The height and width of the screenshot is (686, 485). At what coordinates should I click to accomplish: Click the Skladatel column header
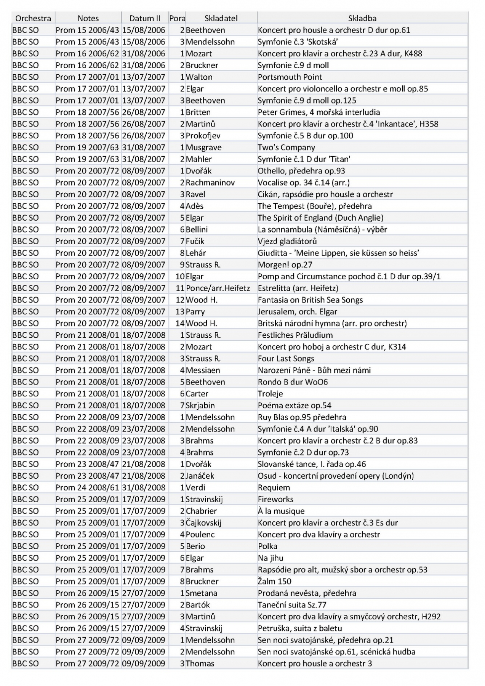221,18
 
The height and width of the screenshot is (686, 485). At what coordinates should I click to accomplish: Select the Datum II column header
145,18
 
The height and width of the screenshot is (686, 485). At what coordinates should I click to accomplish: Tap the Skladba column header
362,18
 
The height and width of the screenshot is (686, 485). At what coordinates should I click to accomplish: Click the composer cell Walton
199,77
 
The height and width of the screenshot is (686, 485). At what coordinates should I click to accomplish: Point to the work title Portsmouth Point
290,77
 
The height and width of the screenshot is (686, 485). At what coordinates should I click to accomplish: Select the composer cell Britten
198,112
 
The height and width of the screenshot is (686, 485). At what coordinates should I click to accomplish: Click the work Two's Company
286,147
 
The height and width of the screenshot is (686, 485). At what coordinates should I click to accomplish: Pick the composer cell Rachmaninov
210,183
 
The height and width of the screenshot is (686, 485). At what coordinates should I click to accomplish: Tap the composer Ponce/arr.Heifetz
218,288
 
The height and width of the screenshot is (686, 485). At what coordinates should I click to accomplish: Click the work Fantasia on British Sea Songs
310,300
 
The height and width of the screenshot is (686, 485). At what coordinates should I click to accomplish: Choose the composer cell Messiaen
203,370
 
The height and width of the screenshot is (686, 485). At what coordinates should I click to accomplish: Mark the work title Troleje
270,394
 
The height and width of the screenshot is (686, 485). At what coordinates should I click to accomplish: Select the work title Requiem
274,487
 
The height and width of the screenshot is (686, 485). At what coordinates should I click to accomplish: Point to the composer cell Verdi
195,487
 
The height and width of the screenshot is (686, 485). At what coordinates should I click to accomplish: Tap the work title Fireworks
275,499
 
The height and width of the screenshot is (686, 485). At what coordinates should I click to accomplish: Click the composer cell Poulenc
200,534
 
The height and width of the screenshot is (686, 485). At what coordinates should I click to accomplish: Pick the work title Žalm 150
274,581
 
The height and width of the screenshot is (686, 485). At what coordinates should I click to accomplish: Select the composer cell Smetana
201,593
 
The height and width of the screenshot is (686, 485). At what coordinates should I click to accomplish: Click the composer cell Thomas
200,664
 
